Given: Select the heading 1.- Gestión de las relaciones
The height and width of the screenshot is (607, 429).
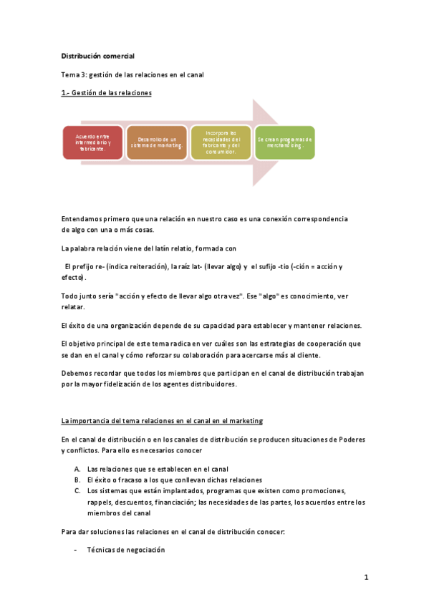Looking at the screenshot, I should coord(106,93).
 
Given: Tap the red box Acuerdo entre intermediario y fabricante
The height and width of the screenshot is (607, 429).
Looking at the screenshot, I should coord(93,142).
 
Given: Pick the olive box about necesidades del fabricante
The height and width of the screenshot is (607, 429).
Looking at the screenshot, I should coord(221,142).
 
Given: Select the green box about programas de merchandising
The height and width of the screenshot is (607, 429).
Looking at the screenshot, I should coord(285,142).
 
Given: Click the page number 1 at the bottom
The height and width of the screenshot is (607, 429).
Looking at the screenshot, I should coord(365,577).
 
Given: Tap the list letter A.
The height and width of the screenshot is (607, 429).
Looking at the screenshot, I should coord(77,467).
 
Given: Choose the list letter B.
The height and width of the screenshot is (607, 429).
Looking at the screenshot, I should coord(77,479).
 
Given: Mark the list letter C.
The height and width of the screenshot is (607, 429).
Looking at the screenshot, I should coord(77,490).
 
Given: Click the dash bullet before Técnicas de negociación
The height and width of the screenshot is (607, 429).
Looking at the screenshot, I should coord(76,549).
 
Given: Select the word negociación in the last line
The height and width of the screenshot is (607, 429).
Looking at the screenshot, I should coord(141,549).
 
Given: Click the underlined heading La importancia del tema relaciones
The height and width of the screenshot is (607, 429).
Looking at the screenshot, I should coord(163,421).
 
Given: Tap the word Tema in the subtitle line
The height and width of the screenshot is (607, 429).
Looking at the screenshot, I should coord(70,74).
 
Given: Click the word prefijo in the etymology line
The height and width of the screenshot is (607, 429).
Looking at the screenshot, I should coord(90,266).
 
